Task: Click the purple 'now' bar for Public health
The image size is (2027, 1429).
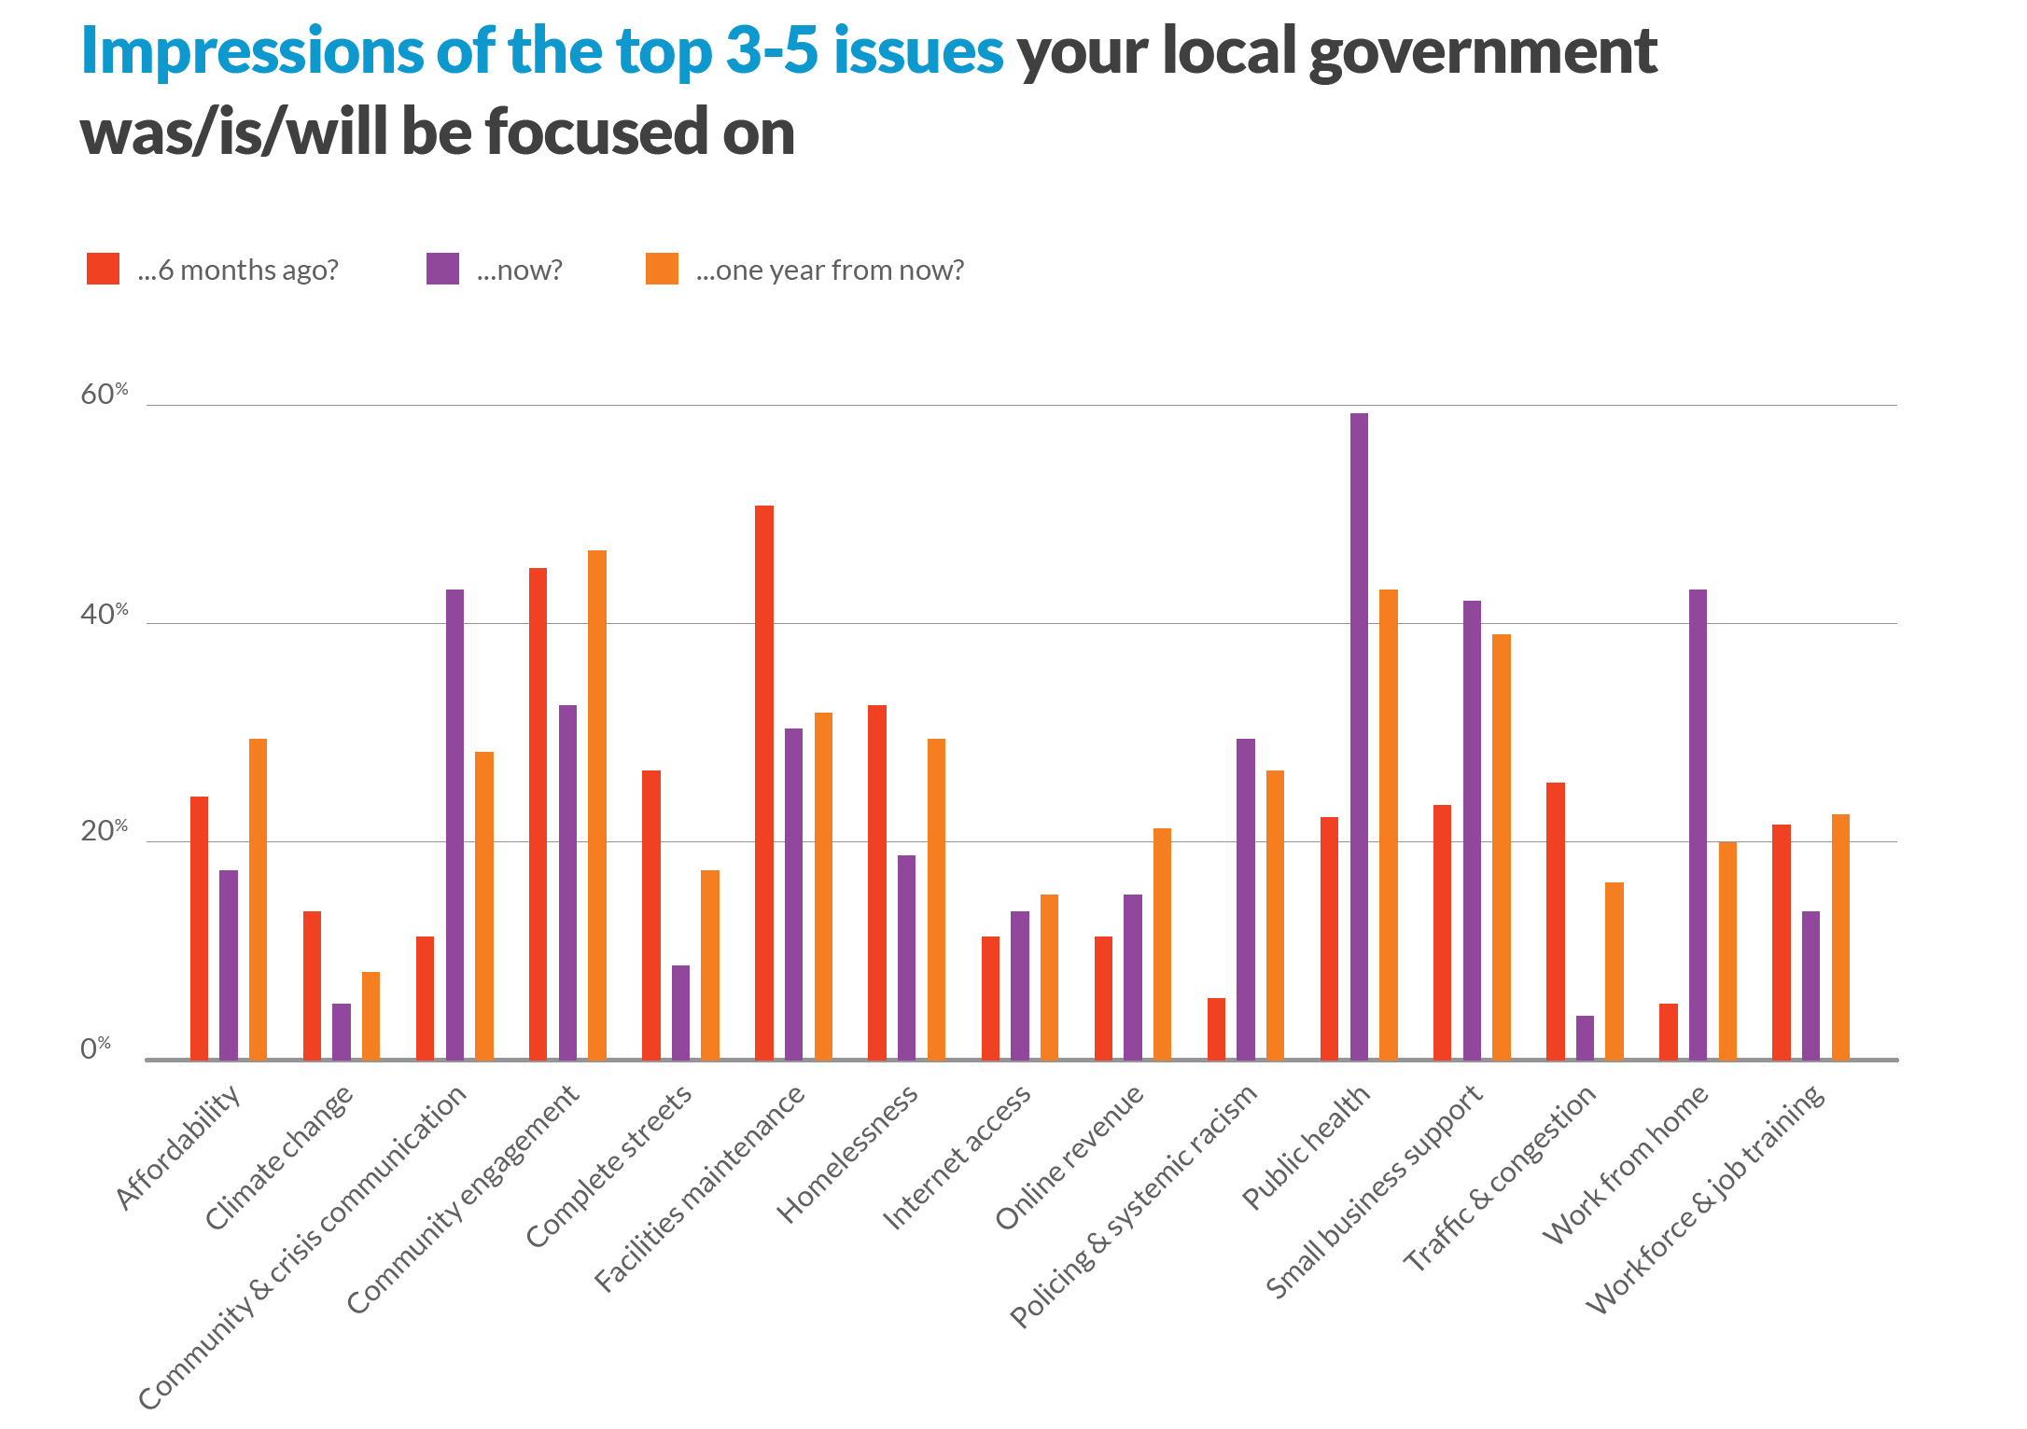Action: pos(1359,737)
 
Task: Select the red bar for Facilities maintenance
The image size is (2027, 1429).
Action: pos(764,783)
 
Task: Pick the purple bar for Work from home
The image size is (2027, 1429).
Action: pos(1698,825)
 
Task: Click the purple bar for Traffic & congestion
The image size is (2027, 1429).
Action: pos(1585,1037)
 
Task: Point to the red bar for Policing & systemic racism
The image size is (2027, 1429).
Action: pos(1216,1029)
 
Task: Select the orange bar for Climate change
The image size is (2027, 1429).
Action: pos(370,1016)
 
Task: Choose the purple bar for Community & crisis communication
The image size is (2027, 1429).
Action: pos(454,825)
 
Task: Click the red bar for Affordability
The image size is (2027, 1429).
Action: pos(199,928)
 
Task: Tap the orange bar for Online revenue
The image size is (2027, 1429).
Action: pos(1162,944)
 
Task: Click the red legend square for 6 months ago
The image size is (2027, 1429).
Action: pos(103,269)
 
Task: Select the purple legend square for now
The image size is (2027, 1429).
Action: pos(442,269)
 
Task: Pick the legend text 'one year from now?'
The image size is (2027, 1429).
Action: pos(830,271)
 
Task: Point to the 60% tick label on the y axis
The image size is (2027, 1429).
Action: pos(103,395)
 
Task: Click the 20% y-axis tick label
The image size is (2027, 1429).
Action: pos(103,831)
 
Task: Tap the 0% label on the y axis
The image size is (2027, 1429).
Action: pos(94,1048)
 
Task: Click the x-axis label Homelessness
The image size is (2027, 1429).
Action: pos(848,1155)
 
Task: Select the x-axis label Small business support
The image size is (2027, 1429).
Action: pos(1374,1192)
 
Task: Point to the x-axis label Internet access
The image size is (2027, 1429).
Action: pos(958,1158)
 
